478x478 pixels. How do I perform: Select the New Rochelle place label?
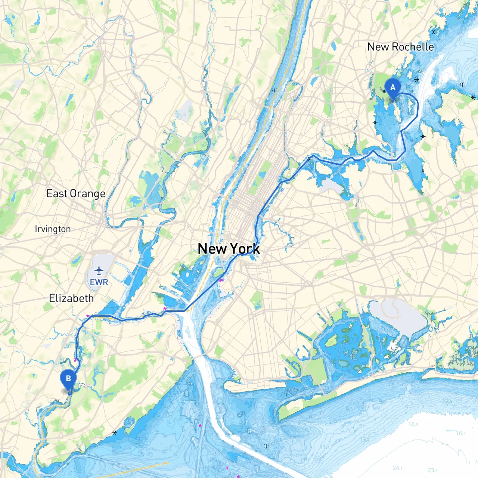(400, 47)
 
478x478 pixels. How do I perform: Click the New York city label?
(229, 249)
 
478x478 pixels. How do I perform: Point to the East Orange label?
(76, 193)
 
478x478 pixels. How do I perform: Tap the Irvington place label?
(53, 229)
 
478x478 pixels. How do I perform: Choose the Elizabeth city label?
(71, 298)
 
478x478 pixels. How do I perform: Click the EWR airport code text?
(99, 282)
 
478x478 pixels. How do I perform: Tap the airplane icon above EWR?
(99, 270)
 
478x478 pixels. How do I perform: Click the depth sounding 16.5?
(413, 424)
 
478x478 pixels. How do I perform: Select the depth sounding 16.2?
(460, 433)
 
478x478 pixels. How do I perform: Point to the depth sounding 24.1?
(397, 468)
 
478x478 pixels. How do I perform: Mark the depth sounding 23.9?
(432, 470)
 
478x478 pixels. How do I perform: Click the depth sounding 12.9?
(447, 401)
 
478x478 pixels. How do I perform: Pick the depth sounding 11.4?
(324, 447)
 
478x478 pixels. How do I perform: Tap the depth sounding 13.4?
(365, 440)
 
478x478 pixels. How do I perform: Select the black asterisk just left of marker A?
(384, 91)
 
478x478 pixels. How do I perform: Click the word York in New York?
(245, 249)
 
